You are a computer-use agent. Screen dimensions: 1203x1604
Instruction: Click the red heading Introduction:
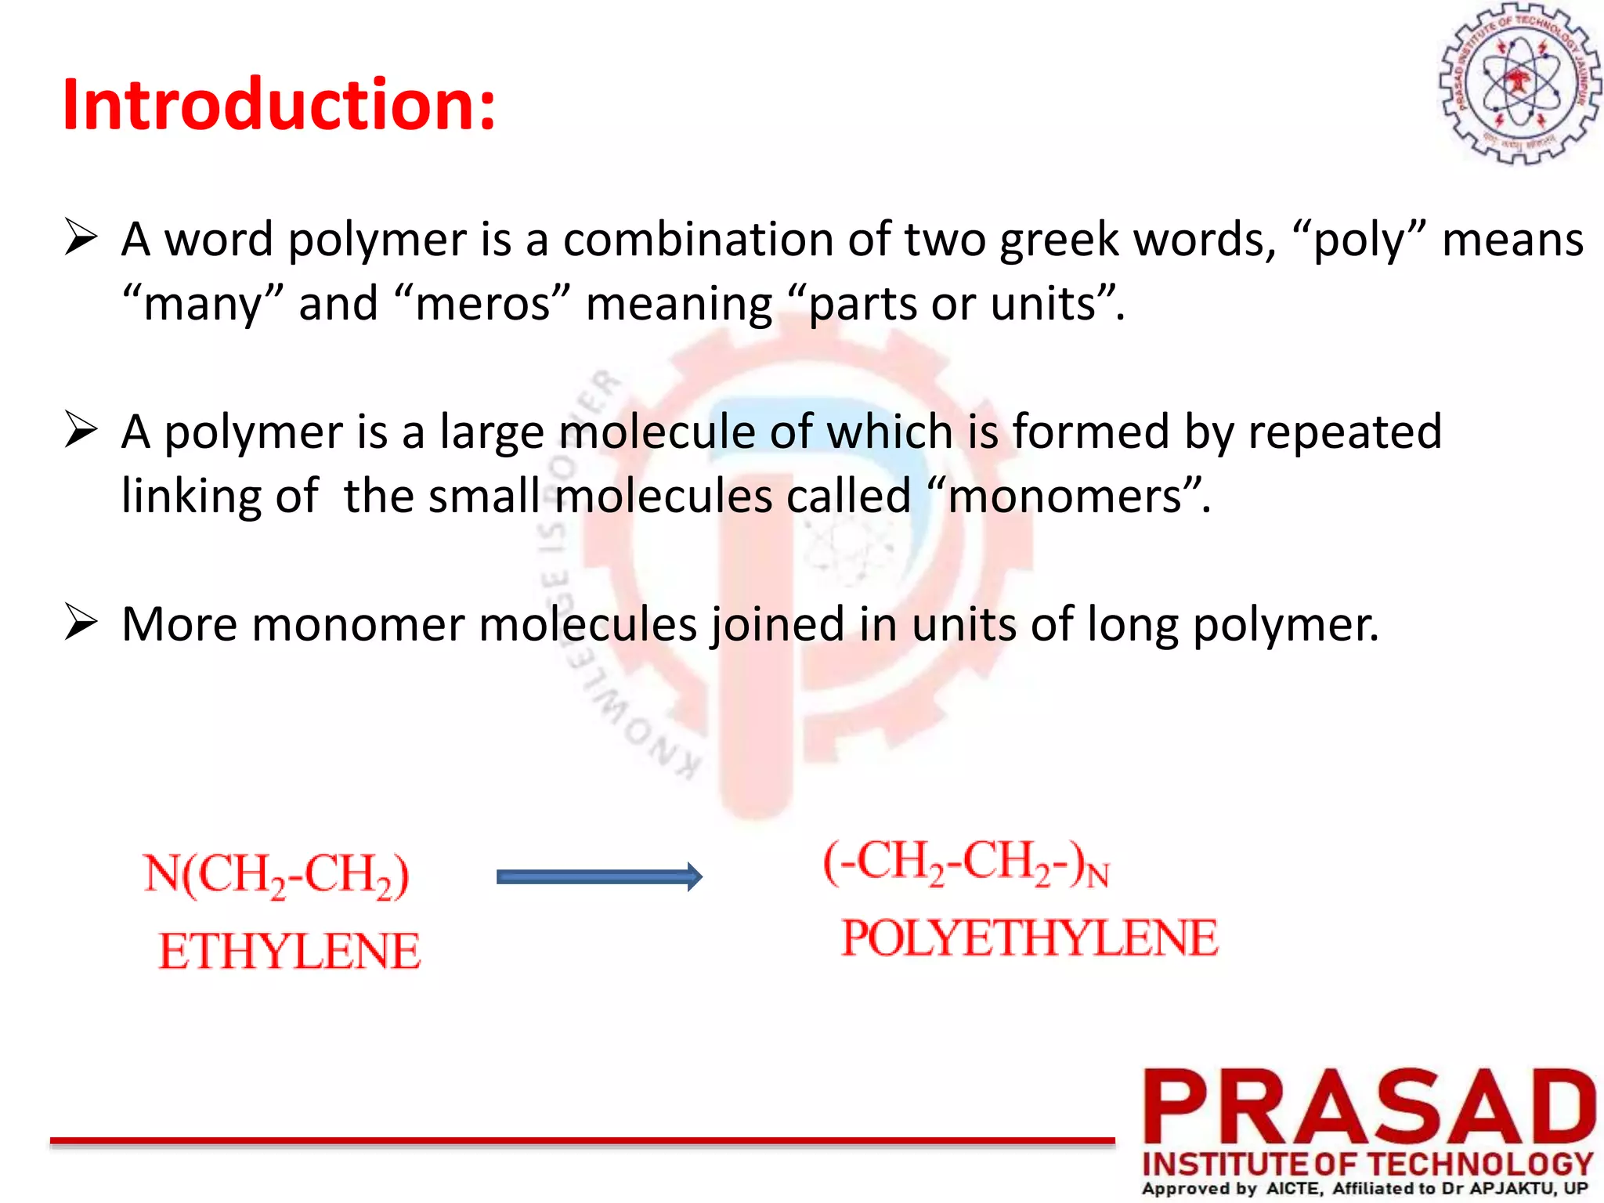pyautogui.click(x=279, y=105)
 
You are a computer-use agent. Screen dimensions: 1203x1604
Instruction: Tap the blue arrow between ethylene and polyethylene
pyautogui.click(x=599, y=877)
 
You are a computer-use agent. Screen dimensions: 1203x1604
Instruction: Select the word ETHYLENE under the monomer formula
pyautogui.click(x=290, y=952)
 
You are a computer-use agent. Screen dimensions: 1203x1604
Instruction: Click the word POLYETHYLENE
pyautogui.click(x=1030, y=938)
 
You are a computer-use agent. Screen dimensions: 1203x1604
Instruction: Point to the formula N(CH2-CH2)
pyautogui.click(x=276, y=875)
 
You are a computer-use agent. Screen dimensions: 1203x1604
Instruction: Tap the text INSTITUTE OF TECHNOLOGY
pyautogui.click(x=1367, y=1165)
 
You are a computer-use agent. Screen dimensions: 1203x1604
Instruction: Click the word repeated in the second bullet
pyautogui.click(x=1344, y=432)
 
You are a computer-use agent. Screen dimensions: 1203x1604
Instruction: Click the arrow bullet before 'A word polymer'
pyautogui.click(x=81, y=238)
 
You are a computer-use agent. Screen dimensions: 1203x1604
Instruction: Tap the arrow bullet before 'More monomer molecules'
pyautogui.click(x=81, y=623)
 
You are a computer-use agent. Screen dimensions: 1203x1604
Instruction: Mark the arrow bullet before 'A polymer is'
pyautogui.click(x=81, y=431)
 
